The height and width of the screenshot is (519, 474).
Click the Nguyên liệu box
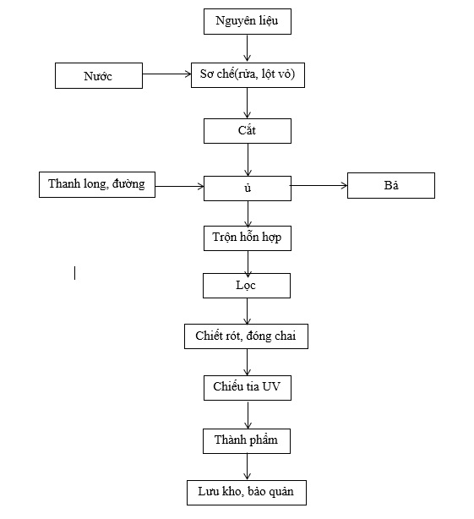point(248,21)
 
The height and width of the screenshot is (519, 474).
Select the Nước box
point(99,76)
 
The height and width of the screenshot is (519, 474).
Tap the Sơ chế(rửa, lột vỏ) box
point(248,75)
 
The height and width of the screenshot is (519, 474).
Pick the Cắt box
point(248,131)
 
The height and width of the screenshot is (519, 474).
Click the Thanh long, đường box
point(97,185)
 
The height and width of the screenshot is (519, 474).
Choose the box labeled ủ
point(248,188)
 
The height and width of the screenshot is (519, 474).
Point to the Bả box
point(391,185)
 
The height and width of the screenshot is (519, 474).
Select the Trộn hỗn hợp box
point(248,238)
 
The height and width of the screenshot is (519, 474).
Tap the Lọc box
point(247,286)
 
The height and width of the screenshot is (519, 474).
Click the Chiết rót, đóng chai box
point(246,336)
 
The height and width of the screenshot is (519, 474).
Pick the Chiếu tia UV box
point(248,388)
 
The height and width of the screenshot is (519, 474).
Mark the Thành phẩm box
point(247,441)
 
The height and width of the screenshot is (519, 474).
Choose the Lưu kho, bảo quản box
point(247,493)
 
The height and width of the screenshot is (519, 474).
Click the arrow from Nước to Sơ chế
point(166,74)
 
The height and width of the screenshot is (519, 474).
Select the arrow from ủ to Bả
point(319,186)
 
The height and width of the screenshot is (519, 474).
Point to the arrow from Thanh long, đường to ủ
point(179,186)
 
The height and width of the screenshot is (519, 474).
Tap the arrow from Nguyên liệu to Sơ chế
point(247,48)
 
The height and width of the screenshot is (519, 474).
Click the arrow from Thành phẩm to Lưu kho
point(247,467)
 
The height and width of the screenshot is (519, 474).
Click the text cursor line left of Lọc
point(74,273)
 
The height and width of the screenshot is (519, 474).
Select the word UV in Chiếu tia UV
point(271,386)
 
